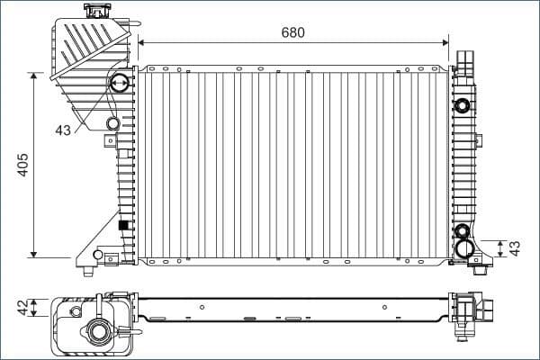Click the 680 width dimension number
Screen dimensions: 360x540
click(x=292, y=33)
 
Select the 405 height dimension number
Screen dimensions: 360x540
click(x=23, y=165)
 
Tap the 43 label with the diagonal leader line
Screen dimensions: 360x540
click(x=62, y=130)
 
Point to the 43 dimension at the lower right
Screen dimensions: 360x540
click(x=515, y=247)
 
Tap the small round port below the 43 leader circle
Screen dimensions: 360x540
click(x=112, y=123)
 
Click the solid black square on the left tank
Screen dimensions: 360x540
click(x=123, y=225)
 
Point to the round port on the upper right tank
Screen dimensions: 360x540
click(x=463, y=104)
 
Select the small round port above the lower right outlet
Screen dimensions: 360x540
click(x=463, y=230)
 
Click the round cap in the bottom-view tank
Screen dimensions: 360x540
click(x=98, y=334)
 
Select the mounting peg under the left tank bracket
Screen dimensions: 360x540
click(x=88, y=271)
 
